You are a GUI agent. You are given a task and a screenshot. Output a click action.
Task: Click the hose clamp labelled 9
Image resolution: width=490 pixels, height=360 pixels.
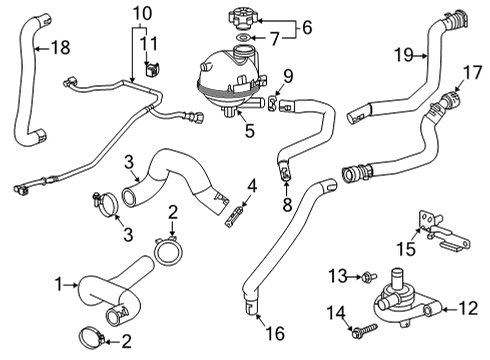click(276, 102)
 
